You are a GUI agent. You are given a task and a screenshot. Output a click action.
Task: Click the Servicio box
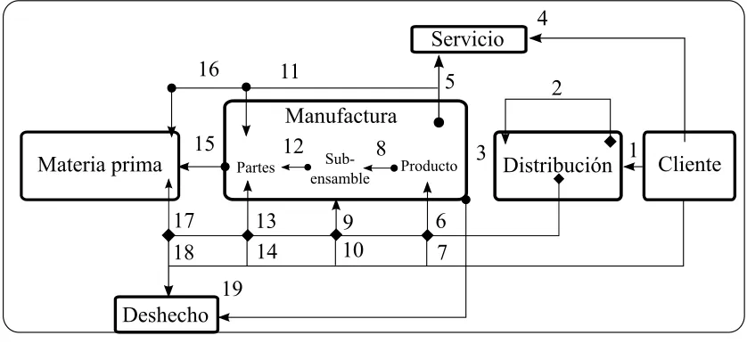click(469, 39)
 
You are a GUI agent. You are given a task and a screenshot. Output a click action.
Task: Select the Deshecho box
click(167, 315)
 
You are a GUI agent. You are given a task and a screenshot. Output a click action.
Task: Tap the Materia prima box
click(100, 165)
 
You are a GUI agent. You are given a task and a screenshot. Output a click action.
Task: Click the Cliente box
click(689, 165)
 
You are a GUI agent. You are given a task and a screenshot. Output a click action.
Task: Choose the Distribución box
click(558, 165)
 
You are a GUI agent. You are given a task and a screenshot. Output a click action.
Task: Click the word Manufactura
click(341, 116)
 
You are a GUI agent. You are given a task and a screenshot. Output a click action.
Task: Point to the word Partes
click(257, 168)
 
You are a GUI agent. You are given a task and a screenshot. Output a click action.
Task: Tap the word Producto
click(429, 167)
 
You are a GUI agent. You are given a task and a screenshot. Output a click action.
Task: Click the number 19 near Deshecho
click(232, 288)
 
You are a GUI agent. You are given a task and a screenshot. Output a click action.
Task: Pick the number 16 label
click(209, 70)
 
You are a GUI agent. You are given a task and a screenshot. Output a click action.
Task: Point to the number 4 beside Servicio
click(542, 18)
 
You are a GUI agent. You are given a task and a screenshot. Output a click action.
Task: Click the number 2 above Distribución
click(557, 89)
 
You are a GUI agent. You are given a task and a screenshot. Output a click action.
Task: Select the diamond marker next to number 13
click(247, 234)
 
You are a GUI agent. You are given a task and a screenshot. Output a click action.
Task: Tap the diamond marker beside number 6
click(427, 234)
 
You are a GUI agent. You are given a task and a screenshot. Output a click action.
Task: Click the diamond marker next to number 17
click(168, 234)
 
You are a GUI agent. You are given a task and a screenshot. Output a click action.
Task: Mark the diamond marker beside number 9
click(336, 234)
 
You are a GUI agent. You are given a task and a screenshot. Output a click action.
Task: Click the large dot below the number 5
click(439, 122)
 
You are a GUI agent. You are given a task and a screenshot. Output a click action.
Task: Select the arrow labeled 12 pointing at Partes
click(295, 168)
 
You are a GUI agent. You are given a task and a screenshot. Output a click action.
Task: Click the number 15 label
click(204, 143)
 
